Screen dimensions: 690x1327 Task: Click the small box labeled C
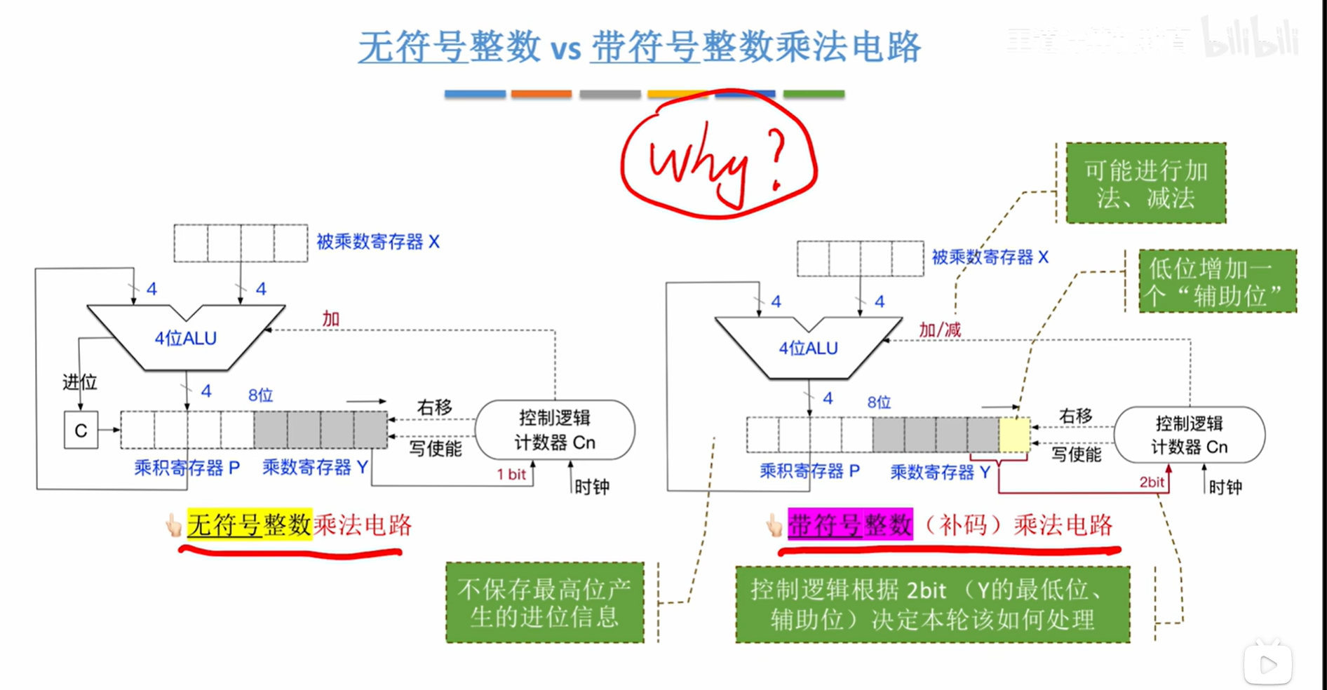point(81,430)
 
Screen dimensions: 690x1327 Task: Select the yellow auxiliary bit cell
point(1014,434)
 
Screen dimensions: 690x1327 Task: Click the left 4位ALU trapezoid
point(186,338)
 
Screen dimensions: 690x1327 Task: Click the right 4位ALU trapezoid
point(809,348)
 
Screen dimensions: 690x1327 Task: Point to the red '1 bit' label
point(511,475)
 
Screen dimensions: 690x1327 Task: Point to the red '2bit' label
point(1152,482)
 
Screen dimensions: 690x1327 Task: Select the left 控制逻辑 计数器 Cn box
point(555,430)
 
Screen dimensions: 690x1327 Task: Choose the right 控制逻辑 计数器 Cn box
point(1190,435)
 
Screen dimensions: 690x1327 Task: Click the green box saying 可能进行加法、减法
point(1145,184)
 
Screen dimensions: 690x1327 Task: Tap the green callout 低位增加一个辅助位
point(1217,282)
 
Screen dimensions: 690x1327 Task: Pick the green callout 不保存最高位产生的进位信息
point(544,602)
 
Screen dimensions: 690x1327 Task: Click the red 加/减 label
point(940,330)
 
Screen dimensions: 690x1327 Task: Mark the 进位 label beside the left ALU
point(79,382)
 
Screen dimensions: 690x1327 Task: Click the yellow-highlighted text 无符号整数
point(249,525)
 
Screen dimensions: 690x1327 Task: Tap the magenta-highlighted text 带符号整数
point(850,525)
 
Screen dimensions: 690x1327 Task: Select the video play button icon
point(1268,664)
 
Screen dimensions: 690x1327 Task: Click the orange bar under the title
point(541,94)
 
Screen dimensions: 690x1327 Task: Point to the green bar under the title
point(814,94)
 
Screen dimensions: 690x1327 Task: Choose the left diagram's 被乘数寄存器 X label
point(378,242)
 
